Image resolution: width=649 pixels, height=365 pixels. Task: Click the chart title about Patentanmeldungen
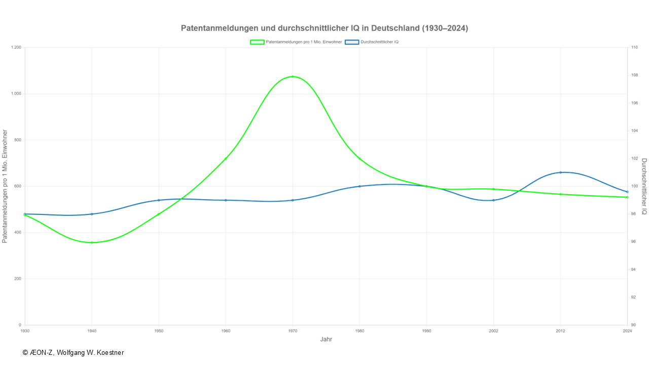pyautogui.click(x=324, y=28)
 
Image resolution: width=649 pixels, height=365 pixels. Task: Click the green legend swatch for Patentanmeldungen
pyautogui.click(x=257, y=42)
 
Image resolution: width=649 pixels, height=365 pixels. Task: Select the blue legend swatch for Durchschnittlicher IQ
pyautogui.click(x=352, y=42)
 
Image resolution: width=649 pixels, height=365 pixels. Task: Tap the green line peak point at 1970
pyautogui.click(x=293, y=77)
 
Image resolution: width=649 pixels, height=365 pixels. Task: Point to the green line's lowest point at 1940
pyautogui.click(x=92, y=242)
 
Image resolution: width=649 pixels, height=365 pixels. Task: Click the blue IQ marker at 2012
pyautogui.click(x=560, y=172)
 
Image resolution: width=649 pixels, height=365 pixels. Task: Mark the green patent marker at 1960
pyautogui.click(x=226, y=159)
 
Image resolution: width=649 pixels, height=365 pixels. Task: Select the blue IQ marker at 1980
pyautogui.click(x=359, y=186)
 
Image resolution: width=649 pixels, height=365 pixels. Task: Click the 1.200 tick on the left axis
pyautogui.click(x=16, y=48)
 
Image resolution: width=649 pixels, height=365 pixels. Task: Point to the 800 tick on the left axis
pyautogui.click(x=18, y=140)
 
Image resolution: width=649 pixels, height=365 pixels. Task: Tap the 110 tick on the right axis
pyautogui.click(x=634, y=48)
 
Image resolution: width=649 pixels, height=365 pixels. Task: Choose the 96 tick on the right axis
pyautogui.click(x=634, y=242)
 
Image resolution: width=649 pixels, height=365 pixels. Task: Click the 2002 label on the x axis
pyautogui.click(x=493, y=331)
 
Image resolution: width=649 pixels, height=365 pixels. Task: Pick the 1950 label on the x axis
pyautogui.click(x=159, y=331)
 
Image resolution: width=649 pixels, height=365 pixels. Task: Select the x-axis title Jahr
pyautogui.click(x=326, y=339)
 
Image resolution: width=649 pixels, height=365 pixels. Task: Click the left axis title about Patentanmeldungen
pyautogui.click(x=5, y=186)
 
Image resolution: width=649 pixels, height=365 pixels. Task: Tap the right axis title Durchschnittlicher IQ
pyautogui.click(x=644, y=186)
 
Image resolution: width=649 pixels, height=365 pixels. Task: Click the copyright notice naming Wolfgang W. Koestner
pyautogui.click(x=73, y=352)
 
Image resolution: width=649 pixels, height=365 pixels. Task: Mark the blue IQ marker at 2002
pyautogui.click(x=493, y=200)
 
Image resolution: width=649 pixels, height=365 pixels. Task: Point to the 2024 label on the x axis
pyautogui.click(x=627, y=331)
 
